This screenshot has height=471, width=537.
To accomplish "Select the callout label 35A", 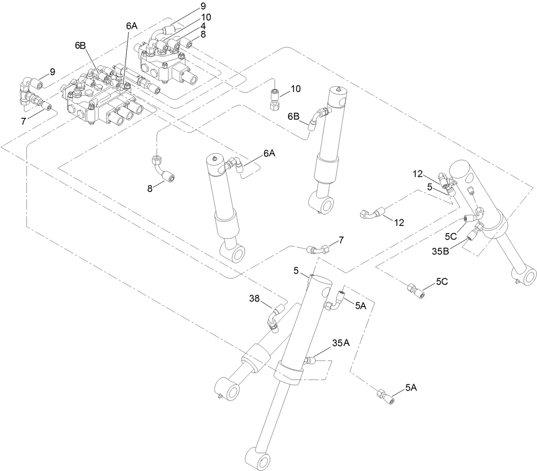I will coord(341,343).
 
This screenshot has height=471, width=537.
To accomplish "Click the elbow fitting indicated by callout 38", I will coord(273,319).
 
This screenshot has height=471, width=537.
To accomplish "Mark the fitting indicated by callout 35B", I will coord(473,233).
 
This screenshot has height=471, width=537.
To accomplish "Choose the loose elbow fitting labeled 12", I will coord(371,212).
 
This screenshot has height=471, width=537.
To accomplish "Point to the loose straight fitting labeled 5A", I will coord(384,395).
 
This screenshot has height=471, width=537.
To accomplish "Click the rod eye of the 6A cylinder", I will coord(234,254).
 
